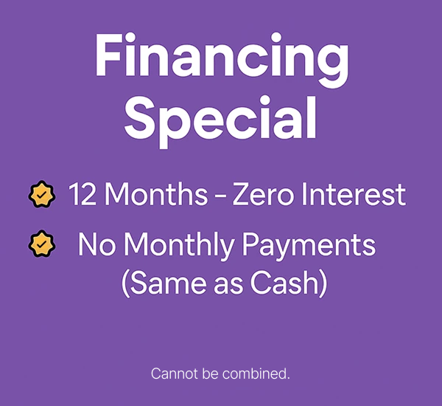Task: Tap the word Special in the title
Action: coord(220,122)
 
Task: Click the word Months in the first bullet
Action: coord(156,194)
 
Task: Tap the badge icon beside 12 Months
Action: coord(42,194)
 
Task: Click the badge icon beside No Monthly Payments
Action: coord(42,244)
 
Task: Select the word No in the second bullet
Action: coord(97,244)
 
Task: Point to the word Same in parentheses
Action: coord(168,283)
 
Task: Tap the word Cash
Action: coord(285,283)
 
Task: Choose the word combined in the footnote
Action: coord(256,374)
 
